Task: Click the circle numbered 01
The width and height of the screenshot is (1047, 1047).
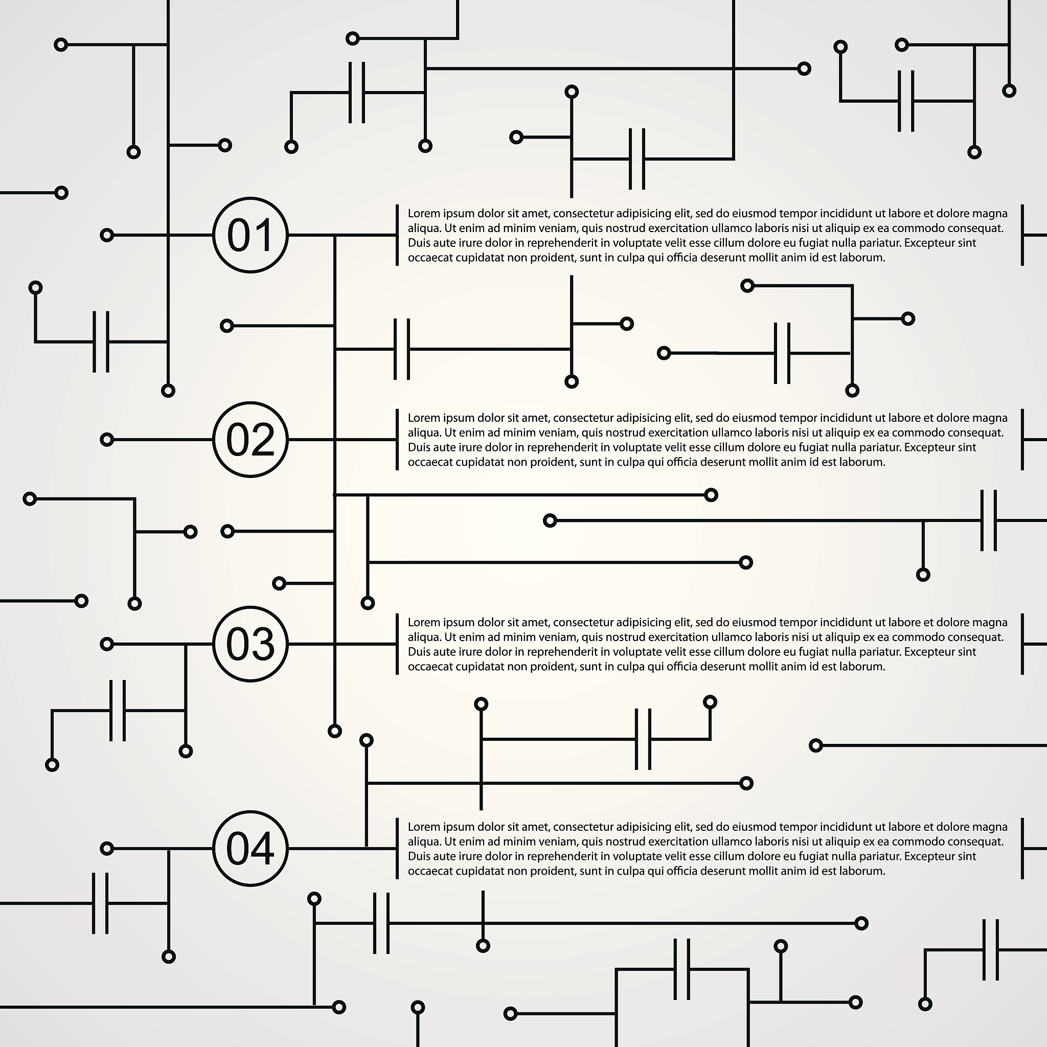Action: tap(250, 235)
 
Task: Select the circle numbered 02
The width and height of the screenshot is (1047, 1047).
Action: tap(250, 440)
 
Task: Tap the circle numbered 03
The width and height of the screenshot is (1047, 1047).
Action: tap(250, 644)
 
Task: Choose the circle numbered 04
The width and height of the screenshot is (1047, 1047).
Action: tap(250, 849)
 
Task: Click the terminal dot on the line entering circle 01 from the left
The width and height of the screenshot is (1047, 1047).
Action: tap(107, 235)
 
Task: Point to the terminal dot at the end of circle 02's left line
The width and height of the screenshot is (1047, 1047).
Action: tap(107, 440)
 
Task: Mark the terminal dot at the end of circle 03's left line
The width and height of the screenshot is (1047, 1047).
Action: tap(107, 644)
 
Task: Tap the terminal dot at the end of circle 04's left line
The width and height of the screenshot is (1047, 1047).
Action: tap(107, 849)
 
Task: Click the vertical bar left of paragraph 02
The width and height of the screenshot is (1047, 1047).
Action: tap(397, 440)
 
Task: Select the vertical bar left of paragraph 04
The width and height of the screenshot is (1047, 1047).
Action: tap(397, 849)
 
